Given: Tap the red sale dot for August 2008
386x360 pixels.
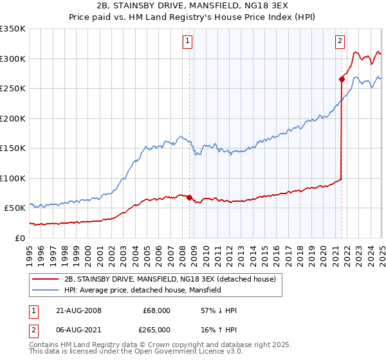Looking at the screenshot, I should tap(189, 197).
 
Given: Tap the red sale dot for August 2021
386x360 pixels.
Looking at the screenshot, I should tap(341, 79).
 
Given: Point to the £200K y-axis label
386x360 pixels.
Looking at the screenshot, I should tap(12, 118).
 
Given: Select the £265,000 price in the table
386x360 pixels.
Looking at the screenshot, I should tap(156, 329).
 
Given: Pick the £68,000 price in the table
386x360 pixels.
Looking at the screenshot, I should tap(156, 310).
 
